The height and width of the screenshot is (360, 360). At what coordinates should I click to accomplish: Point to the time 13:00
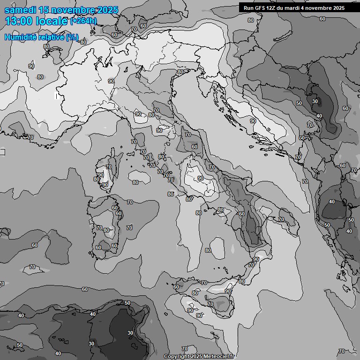[x=18, y=21]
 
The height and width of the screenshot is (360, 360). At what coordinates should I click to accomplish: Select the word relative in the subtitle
[x=52, y=37]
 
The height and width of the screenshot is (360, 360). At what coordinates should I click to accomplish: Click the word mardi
[x=295, y=8]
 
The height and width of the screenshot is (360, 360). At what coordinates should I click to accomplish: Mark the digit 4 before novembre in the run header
[x=307, y=8]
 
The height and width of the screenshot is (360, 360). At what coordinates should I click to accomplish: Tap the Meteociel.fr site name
[x=221, y=356]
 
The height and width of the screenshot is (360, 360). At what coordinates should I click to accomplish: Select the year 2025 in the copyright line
[x=196, y=356]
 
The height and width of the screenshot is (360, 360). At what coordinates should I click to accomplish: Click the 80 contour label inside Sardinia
[x=107, y=230]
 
